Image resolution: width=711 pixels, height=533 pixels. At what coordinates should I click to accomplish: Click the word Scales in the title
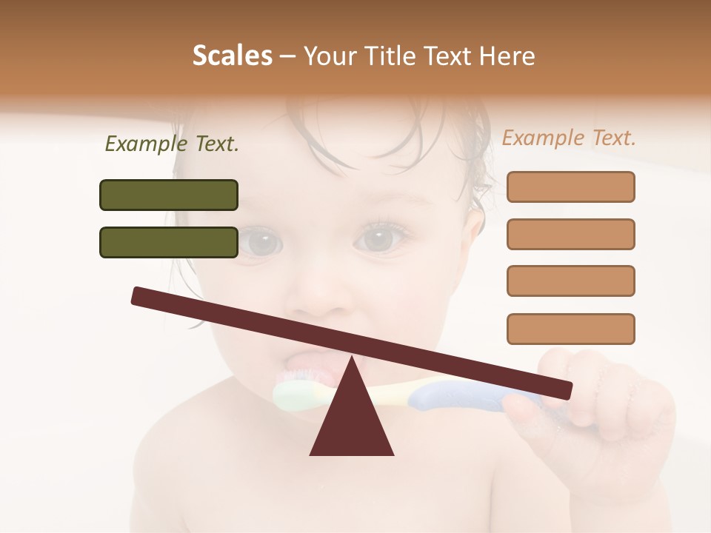(x=233, y=56)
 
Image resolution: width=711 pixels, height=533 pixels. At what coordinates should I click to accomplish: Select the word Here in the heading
(x=507, y=56)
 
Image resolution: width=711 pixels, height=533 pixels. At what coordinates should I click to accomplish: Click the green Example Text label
(x=172, y=144)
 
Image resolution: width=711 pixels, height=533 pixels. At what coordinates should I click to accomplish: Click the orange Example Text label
(x=569, y=138)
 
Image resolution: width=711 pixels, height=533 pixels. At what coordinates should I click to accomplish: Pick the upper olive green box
(x=169, y=195)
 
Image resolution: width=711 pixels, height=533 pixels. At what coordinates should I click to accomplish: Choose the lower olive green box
(x=169, y=242)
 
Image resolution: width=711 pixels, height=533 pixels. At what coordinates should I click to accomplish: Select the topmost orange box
(x=570, y=187)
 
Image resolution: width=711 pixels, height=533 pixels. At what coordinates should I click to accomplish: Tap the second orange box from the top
(x=570, y=234)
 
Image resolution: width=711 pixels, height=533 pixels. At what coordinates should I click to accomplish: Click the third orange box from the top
(x=570, y=281)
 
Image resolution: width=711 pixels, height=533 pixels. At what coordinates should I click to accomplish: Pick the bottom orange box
(x=570, y=329)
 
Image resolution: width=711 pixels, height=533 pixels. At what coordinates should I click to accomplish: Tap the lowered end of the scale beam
(x=563, y=389)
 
